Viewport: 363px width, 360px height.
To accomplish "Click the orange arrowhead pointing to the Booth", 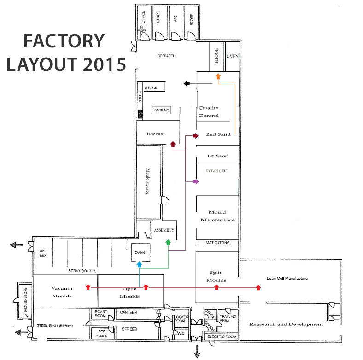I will click(x=218, y=75).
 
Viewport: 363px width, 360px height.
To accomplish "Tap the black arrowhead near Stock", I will click(x=187, y=83).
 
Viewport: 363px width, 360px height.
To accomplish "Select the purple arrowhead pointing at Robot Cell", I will click(x=196, y=182).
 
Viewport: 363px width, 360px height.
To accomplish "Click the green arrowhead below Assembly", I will click(x=168, y=242).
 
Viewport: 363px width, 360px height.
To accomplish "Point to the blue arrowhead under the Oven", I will click(x=139, y=265).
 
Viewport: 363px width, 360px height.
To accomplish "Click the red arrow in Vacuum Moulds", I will click(x=88, y=287).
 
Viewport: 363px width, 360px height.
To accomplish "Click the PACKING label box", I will click(x=162, y=110).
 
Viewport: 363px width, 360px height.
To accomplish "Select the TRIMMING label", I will click(x=156, y=134).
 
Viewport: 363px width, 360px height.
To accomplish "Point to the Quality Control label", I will click(x=209, y=111).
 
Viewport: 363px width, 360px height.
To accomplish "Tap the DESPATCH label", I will click(x=167, y=56).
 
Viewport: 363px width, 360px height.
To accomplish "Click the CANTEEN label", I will click(x=129, y=312).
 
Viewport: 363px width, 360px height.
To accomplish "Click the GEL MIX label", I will click(x=43, y=253).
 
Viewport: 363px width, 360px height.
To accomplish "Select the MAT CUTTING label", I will click(x=218, y=243).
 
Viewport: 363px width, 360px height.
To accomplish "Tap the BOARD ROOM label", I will click(x=101, y=314).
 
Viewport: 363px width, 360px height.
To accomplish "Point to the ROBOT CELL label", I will click(x=217, y=171).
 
